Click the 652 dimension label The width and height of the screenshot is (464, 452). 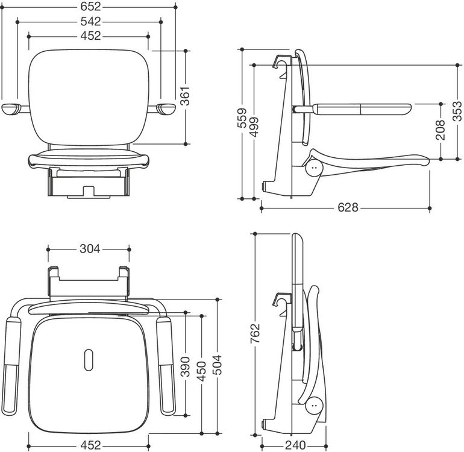90,7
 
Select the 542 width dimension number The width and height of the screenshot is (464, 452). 90,22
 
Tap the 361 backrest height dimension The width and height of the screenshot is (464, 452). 185,96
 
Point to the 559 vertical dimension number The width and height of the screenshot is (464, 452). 242,118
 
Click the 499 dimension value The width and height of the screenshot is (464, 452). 254,127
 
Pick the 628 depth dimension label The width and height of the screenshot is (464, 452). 348,207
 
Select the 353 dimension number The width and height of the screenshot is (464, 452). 457,111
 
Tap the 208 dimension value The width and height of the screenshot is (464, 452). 440,130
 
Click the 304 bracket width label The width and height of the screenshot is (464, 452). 90,249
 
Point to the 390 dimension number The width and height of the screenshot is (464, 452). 185,367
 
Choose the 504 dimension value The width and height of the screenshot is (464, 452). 218,365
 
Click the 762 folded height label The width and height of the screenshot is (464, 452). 255,333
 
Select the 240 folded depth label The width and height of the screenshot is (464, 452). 295,445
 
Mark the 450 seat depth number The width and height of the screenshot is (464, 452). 201,371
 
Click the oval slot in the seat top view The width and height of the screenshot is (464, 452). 89,360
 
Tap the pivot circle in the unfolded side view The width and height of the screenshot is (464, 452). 315,168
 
